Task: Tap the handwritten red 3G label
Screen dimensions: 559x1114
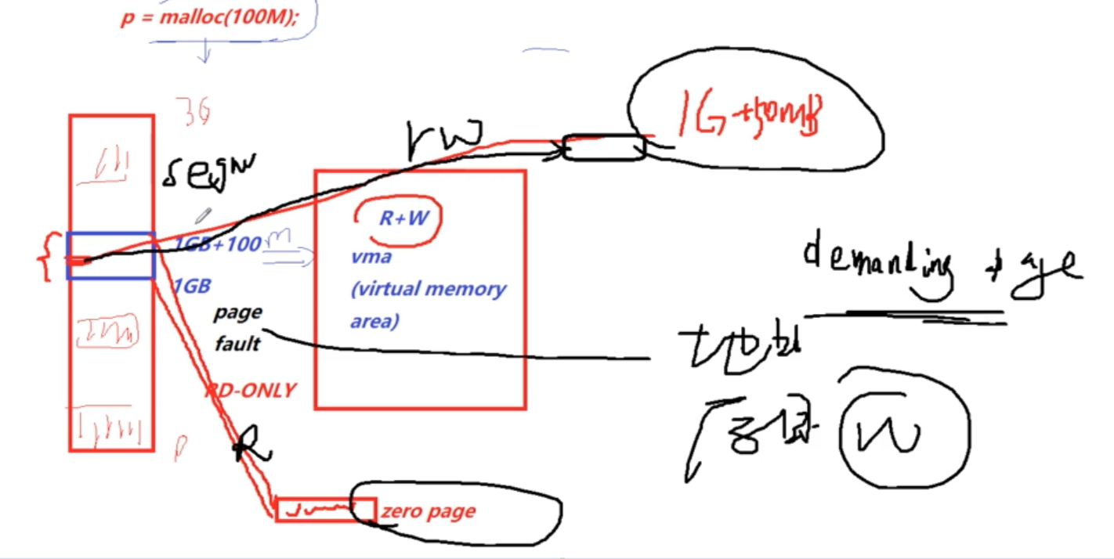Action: coord(192,112)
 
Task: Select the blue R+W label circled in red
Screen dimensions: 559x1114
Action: coord(403,218)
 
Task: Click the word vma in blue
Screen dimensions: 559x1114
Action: coord(371,257)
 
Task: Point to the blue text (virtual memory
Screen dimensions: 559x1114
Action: coord(429,289)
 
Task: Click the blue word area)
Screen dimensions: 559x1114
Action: coord(374,321)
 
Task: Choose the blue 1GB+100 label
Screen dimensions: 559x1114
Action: coord(217,244)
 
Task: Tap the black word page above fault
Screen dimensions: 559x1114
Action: coord(238,312)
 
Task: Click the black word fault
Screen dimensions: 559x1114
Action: coord(237,343)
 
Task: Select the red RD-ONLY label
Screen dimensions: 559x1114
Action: coord(251,390)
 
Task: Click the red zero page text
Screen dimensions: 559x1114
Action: coord(428,512)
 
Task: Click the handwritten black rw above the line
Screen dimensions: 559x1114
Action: coord(444,139)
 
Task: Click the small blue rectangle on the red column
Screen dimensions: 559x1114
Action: coord(110,256)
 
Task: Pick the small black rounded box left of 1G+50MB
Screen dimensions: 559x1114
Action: coord(604,148)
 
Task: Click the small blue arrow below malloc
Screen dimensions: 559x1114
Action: coord(205,52)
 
